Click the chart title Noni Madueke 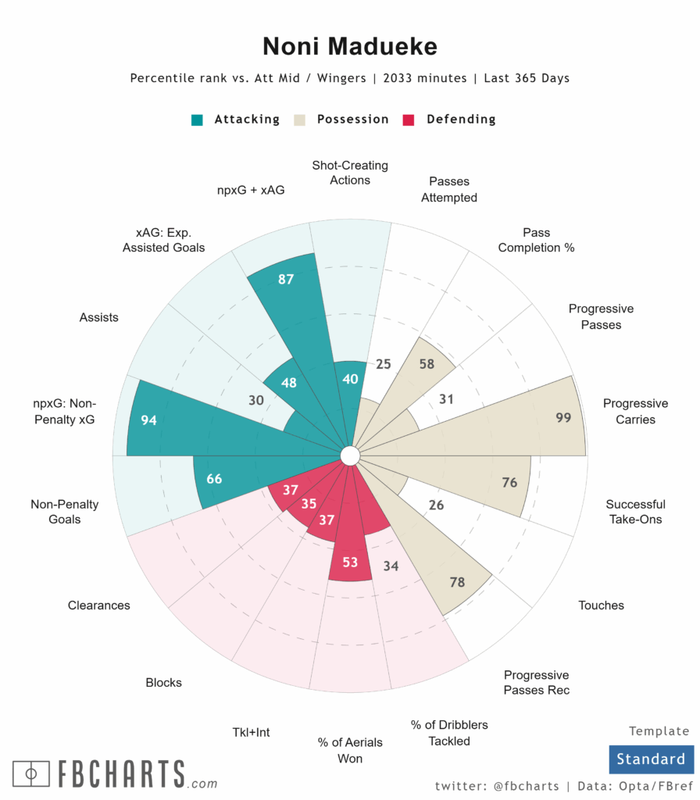coord(349,46)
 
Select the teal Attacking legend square coord(198,120)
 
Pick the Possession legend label coord(352,120)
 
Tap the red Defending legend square coord(408,120)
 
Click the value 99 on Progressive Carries coord(563,418)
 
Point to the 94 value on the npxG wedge coord(148,420)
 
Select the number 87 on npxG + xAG coord(286,278)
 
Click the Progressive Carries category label coord(635,412)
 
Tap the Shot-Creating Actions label coord(350,173)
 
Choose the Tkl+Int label coord(251,733)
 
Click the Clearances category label coord(99,605)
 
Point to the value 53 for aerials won coord(350,562)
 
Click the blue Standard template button coord(650,759)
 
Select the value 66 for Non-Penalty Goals coord(214,479)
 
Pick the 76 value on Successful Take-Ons coord(509,483)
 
